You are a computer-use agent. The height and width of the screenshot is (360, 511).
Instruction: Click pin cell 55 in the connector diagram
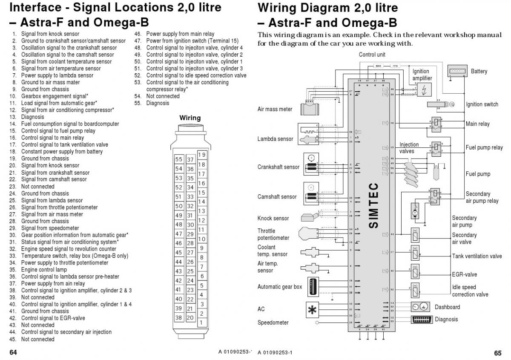coord(179,159)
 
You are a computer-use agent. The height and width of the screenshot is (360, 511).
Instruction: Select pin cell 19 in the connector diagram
coord(202,155)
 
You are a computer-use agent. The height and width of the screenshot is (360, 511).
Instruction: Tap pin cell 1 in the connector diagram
coord(202,323)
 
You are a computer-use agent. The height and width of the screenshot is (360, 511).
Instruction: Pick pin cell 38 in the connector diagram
coord(179,317)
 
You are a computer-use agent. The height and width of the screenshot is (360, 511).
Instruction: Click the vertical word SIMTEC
coord(373,205)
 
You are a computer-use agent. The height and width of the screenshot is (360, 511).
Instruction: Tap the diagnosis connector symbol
coord(421,320)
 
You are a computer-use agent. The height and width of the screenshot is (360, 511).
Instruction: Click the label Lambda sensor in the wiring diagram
coord(275,139)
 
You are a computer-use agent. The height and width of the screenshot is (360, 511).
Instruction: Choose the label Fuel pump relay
coord(484,148)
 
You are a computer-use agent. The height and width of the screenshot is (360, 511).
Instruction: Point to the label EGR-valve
coord(465,274)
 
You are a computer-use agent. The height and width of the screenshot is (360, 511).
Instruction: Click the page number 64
coord(13,353)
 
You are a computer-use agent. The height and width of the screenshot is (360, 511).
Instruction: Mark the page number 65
coord(498,353)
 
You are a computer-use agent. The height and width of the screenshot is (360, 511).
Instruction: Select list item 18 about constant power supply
coord(62,151)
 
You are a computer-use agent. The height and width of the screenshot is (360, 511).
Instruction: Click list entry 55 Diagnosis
coord(157,103)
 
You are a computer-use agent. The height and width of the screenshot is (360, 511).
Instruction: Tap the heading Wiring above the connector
coord(190,118)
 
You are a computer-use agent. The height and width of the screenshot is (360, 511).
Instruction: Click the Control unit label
coord(372,55)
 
